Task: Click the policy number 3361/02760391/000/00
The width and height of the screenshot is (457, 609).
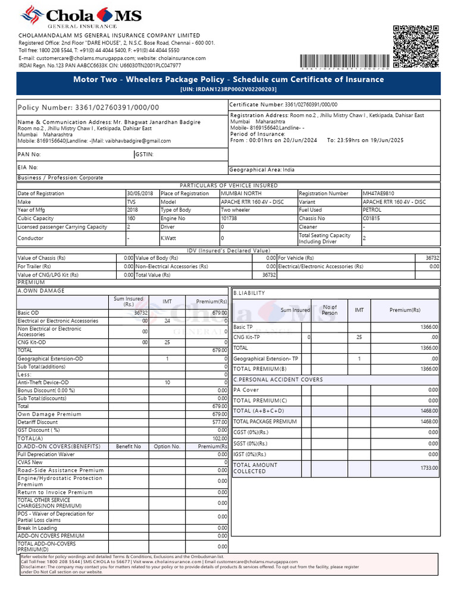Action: [x=117, y=107]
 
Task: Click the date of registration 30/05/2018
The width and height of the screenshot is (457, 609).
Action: [x=140, y=193]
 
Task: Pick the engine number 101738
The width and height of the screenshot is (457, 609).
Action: [x=229, y=218]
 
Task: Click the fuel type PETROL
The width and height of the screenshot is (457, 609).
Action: [x=373, y=210]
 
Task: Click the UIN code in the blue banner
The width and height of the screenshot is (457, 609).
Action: [x=228, y=89]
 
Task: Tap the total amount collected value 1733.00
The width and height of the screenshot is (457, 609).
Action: [x=428, y=468]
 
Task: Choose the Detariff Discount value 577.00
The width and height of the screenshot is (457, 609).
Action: [x=220, y=422]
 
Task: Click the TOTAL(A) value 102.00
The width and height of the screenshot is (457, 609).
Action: [x=220, y=438]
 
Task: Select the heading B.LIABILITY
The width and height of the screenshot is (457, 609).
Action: [x=249, y=293]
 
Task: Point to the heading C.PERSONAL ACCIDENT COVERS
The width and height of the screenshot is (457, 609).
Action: [x=278, y=379]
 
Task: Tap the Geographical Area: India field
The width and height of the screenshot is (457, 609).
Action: [x=262, y=169]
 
